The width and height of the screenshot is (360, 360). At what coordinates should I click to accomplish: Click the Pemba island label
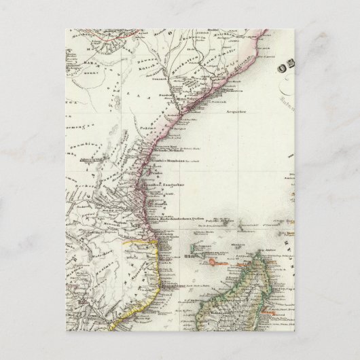153,168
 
